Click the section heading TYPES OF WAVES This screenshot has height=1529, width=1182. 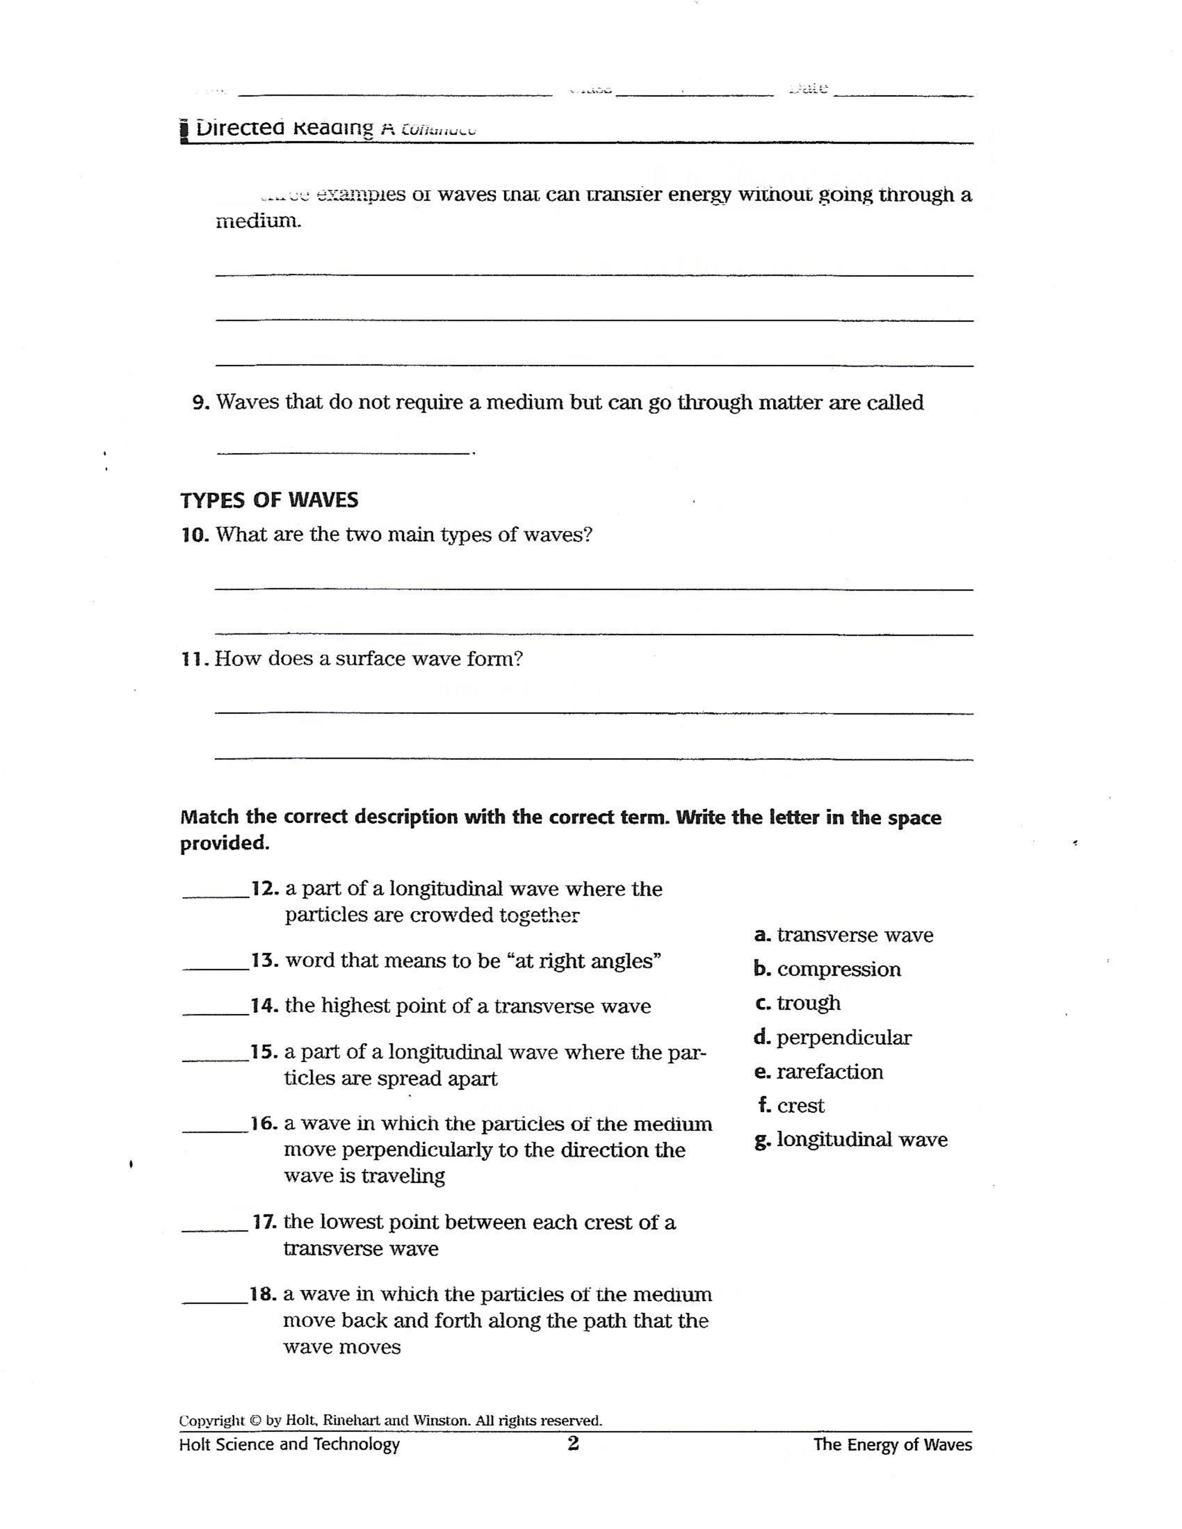269,500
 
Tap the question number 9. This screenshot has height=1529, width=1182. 200,403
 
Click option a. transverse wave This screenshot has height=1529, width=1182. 844,935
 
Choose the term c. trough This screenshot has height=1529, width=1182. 798,1003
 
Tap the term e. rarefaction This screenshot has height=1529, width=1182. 819,1072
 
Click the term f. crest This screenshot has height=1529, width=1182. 791,1106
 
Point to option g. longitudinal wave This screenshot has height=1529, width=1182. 851,1140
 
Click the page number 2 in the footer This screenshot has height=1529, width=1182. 573,1444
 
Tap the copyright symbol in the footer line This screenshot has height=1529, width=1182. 255,1421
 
